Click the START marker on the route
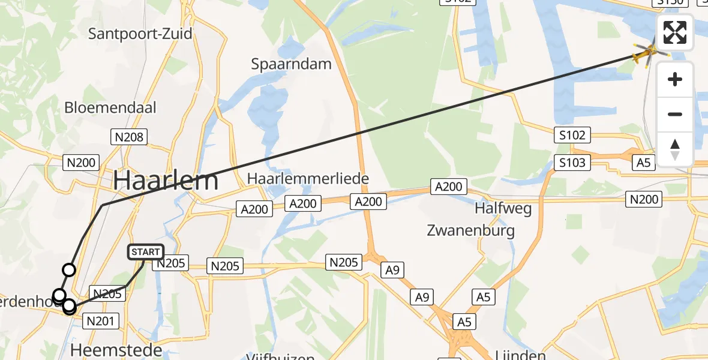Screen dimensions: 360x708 coord(145,252)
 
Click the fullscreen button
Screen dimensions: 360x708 coord(675,32)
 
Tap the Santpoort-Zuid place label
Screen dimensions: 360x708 coord(140,33)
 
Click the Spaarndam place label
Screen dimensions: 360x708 coord(291,64)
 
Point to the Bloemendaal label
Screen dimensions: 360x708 coord(110,108)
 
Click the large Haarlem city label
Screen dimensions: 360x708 coord(166,179)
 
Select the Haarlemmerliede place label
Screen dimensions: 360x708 coord(308,178)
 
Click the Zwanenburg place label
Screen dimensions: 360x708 coord(470,230)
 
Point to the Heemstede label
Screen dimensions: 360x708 coord(116,349)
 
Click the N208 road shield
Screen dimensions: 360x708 coord(129,137)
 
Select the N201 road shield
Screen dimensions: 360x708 coord(100,322)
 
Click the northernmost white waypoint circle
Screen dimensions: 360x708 coord(69,270)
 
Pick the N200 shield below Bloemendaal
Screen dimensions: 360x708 coord(82,161)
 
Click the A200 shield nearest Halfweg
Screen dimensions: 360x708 coord(448,187)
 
